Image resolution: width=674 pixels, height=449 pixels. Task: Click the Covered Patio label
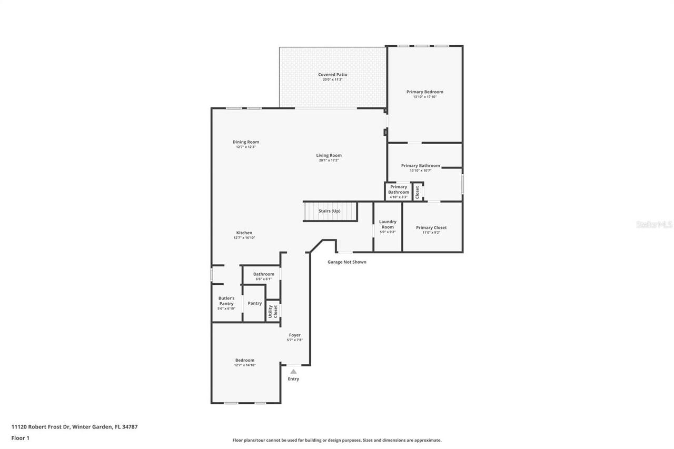click(332, 75)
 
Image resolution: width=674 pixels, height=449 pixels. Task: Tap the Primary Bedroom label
click(424, 92)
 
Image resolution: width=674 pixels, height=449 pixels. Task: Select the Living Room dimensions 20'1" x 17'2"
click(329, 161)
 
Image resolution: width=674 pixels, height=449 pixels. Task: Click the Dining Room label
click(246, 142)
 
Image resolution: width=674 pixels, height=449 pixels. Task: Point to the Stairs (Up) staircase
click(330, 211)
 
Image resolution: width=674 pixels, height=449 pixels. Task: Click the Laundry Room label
click(388, 224)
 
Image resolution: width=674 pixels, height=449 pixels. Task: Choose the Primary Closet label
click(431, 228)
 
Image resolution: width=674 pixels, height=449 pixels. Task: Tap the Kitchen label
click(244, 233)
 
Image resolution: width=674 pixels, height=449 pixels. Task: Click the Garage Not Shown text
click(347, 262)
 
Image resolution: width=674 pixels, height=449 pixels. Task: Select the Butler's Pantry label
click(226, 301)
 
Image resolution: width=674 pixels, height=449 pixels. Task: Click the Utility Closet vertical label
click(273, 311)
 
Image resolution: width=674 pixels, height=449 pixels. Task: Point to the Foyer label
click(294, 335)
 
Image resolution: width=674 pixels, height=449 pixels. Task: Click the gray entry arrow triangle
click(293, 372)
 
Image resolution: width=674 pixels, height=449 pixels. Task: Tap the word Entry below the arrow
click(293, 379)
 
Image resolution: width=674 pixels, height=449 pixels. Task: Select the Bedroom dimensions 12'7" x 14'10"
click(245, 365)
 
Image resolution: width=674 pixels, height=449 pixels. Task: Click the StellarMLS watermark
click(654, 224)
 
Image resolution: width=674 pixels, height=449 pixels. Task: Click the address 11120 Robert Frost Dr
click(40, 427)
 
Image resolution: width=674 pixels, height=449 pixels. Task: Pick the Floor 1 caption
click(21, 438)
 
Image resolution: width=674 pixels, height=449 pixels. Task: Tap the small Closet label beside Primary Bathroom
click(418, 192)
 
